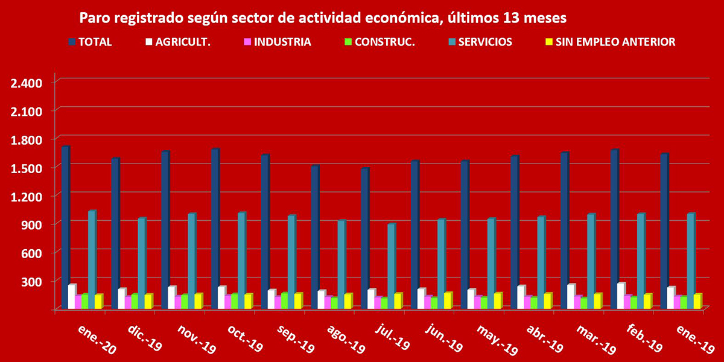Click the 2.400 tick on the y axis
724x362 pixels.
pos(25,82)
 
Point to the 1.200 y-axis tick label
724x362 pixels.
pos(25,196)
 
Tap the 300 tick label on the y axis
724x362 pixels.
pos(31,281)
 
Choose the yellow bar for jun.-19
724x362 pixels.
pos(448,301)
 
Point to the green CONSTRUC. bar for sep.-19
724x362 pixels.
pos(284,301)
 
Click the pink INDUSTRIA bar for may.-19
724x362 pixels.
pos(477,302)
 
